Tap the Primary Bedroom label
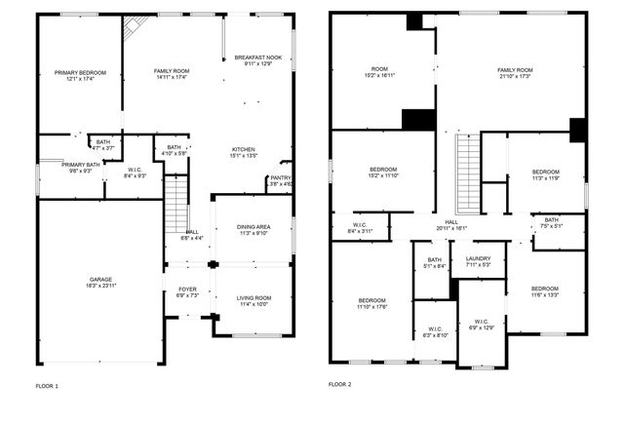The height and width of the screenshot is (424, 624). click(x=80, y=75)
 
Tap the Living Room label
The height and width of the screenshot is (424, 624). click(x=253, y=300)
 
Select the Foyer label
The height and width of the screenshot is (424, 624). click(x=186, y=291)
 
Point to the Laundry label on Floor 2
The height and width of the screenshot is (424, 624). click(x=478, y=260)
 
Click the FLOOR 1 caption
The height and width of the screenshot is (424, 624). click(x=48, y=386)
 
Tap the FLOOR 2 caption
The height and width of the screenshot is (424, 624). click(x=340, y=385)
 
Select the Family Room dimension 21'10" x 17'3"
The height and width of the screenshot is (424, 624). click(x=515, y=76)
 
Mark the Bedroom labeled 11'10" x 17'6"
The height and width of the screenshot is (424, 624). click(x=372, y=304)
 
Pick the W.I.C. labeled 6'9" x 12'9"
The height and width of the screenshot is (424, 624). click(x=482, y=325)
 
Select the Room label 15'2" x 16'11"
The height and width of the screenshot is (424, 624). click(x=379, y=72)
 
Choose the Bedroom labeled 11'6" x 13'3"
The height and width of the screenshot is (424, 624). click(x=545, y=291)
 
